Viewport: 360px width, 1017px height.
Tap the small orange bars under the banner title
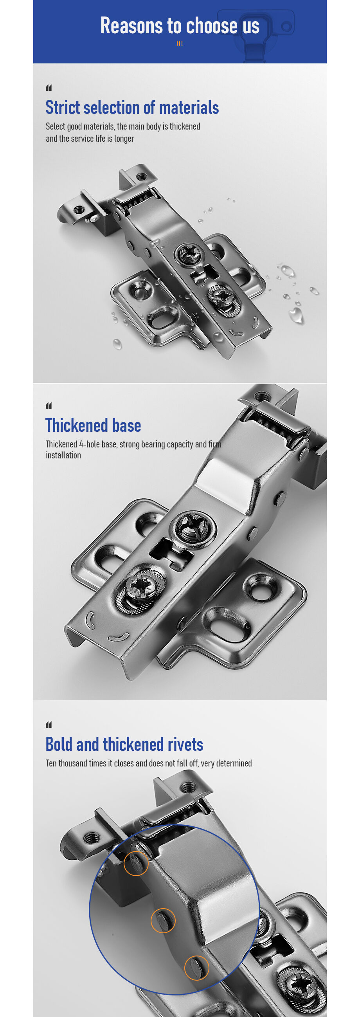coord(180,44)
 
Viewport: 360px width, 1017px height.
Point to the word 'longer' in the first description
coord(124,139)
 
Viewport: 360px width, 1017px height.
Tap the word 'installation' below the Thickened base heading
coord(63,455)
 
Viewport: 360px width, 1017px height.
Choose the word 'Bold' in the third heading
coord(59,745)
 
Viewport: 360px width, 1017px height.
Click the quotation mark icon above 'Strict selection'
coord(49,88)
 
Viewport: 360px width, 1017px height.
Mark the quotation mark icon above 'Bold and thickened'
coord(49,725)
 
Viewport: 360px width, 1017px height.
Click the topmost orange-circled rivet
coord(136,863)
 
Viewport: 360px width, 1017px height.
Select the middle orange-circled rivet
coord(163,921)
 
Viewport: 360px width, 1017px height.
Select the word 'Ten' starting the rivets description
coord(51,763)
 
